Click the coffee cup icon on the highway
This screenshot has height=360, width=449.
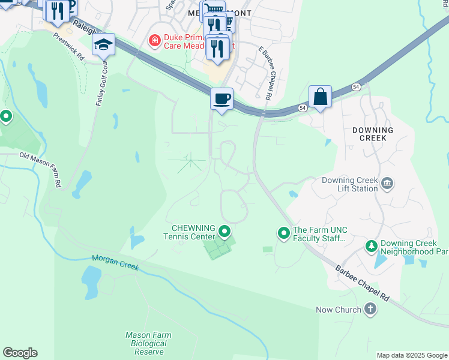pos(221,98)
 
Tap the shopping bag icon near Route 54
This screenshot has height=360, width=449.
pos(321,96)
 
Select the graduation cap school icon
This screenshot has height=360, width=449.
pos(103,44)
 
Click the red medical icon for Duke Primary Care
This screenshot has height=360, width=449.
pos(155,41)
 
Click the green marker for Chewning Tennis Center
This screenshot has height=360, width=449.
pos(225,231)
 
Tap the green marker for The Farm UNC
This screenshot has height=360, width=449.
pos(283,232)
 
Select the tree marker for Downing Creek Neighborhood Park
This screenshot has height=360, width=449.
pos(372,247)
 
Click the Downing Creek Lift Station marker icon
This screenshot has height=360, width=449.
pos(387,183)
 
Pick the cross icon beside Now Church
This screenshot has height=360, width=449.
pos(370,310)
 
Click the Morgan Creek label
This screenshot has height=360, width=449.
pos(115,262)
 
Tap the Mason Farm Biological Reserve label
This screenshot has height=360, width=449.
pos(148,343)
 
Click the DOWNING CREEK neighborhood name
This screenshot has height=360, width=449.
pos(373,134)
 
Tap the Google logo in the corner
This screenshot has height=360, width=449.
pos(20,353)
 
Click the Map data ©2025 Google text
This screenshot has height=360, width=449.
pos(412,355)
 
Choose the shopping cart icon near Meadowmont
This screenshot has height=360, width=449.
pos(212,11)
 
